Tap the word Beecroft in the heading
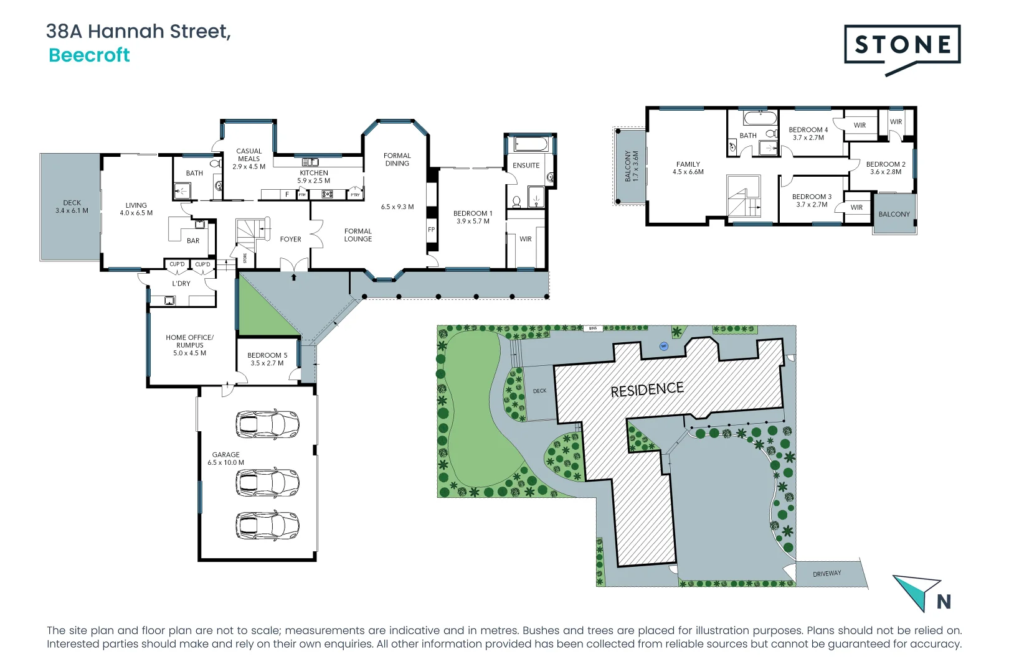click(x=89, y=55)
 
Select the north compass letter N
click(x=943, y=602)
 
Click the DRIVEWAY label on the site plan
click(x=827, y=574)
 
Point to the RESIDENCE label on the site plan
click(x=647, y=390)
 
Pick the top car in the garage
click(x=267, y=424)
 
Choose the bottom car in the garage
click(x=267, y=525)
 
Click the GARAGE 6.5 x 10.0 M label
click(x=225, y=459)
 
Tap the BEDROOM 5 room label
click(x=267, y=359)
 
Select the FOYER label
click(x=290, y=239)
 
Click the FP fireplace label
click(x=431, y=230)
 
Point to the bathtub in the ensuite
click(x=531, y=144)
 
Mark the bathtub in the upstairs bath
click(x=760, y=118)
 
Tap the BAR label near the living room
click(x=193, y=241)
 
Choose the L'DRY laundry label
click(x=181, y=284)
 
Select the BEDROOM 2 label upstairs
click(x=885, y=168)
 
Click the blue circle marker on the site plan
click(x=664, y=346)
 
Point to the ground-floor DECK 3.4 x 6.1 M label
click(x=72, y=207)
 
